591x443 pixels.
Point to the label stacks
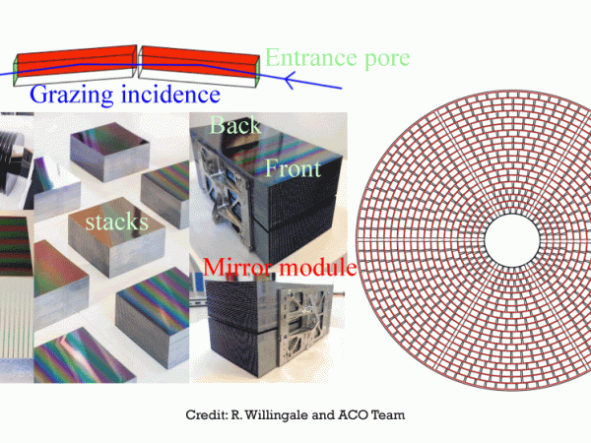click(115, 222)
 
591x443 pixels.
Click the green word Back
click(234, 127)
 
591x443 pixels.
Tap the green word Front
click(293, 168)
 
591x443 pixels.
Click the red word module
click(317, 268)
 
